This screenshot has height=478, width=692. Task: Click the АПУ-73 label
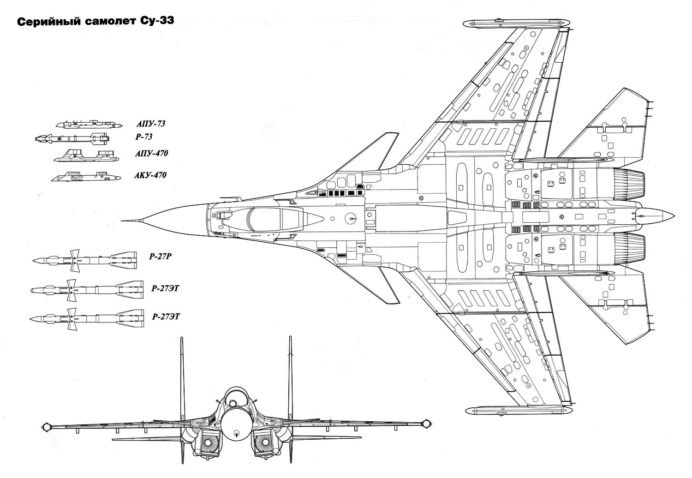(x=150, y=124)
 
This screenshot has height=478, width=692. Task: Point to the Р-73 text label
(x=143, y=137)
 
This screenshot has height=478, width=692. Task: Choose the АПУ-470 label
(x=151, y=154)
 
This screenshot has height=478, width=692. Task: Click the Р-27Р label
(x=160, y=257)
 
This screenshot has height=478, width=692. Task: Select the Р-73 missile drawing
(x=72, y=138)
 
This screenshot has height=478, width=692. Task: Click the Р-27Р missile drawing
(x=85, y=261)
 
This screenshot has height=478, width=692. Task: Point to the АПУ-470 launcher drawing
(x=86, y=157)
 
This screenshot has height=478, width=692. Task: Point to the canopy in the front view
(x=236, y=398)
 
